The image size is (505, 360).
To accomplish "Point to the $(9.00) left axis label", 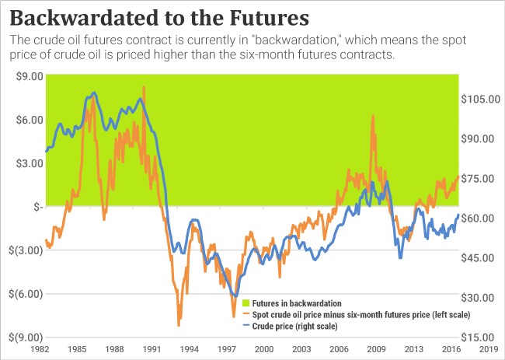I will pyautogui.click(x=24, y=337).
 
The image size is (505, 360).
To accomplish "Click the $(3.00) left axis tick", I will pyautogui.click(x=24, y=250).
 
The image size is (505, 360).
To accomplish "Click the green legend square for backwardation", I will pyautogui.click(x=246, y=302).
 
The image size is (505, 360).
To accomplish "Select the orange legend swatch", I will pyautogui.click(x=246, y=314).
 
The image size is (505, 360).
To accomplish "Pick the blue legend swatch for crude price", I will pyautogui.click(x=246, y=327).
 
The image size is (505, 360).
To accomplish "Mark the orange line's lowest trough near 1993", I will pyautogui.click(x=179, y=323).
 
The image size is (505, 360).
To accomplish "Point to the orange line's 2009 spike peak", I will pyautogui.click(x=374, y=116).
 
